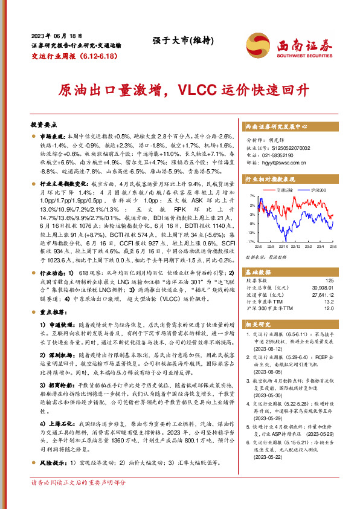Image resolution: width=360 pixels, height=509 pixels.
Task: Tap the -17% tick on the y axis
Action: point(251,242)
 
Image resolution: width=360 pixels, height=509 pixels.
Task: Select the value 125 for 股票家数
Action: point(329,280)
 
